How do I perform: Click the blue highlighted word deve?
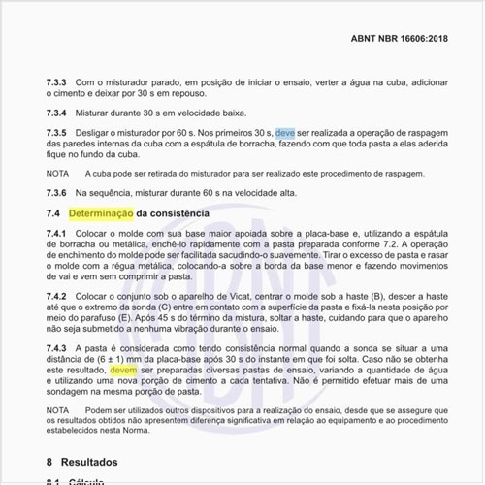285,131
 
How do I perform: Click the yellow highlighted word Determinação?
100,212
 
